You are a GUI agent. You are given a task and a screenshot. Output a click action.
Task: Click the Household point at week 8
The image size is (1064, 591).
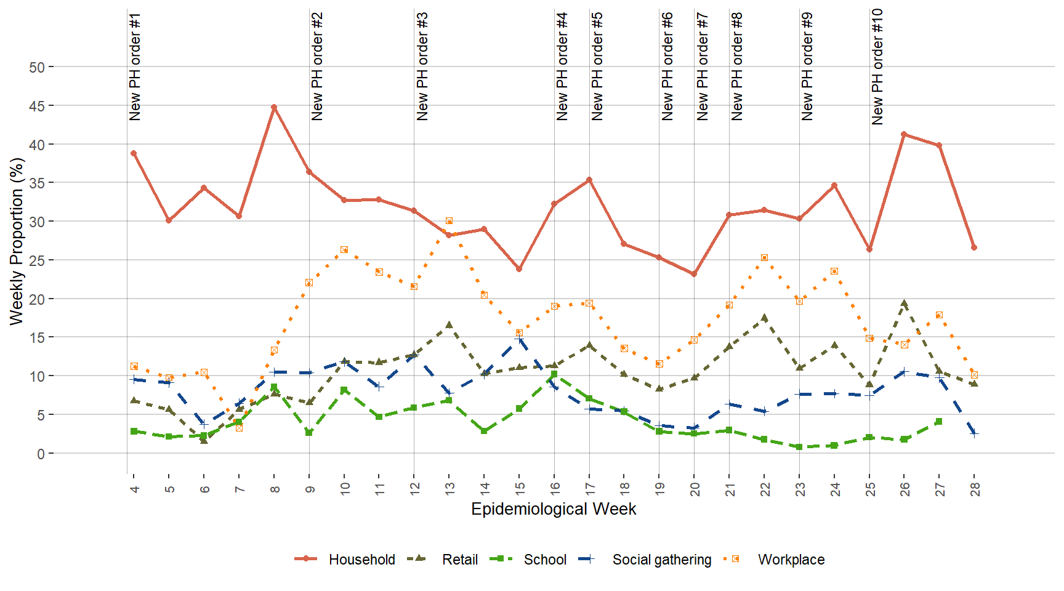pyautogui.click(x=274, y=107)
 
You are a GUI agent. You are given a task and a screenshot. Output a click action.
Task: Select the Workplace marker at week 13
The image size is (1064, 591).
pyautogui.click(x=449, y=220)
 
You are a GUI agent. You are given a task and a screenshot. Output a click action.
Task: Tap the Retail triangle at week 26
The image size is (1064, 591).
pyautogui.click(x=904, y=304)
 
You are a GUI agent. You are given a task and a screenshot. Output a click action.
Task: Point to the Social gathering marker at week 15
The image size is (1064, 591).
pyautogui.click(x=519, y=339)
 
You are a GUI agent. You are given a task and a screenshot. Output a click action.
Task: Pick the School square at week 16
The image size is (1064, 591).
pyautogui.click(x=554, y=374)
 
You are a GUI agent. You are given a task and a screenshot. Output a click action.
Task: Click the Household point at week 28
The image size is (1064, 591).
pyautogui.click(x=974, y=247)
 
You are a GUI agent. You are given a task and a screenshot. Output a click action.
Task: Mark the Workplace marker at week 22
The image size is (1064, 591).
pyautogui.click(x=764, y=257)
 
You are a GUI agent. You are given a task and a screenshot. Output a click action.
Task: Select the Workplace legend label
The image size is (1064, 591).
pyautogui.click(x=791, y=559)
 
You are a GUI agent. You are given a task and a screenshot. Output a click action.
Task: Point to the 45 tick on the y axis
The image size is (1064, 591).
pyautogui.click(x=37, y=106)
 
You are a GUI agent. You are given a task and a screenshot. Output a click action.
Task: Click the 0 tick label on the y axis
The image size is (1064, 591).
pyautogui.click(x=41, y=454)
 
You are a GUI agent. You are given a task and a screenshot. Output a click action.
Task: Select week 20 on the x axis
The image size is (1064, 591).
pyautogui.click(x=695, y=489)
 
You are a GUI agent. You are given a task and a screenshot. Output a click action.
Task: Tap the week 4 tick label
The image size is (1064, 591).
pyautogui.click(x=134, y=489)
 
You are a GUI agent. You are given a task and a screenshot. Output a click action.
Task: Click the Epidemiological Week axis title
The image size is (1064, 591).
pyautogui.click(x=554, y=509)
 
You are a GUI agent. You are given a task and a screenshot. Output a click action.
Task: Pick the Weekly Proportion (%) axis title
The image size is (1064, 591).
pyautogui.click(x=17, y=241)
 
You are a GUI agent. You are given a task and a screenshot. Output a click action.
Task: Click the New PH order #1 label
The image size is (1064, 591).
pyautogui.click(x=135, y=66)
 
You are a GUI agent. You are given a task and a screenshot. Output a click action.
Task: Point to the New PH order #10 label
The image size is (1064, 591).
pyautogui.click(x=877, y=66)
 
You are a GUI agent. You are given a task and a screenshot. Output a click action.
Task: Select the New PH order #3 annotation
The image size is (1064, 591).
pyautogui.click(x=422, y=66)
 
